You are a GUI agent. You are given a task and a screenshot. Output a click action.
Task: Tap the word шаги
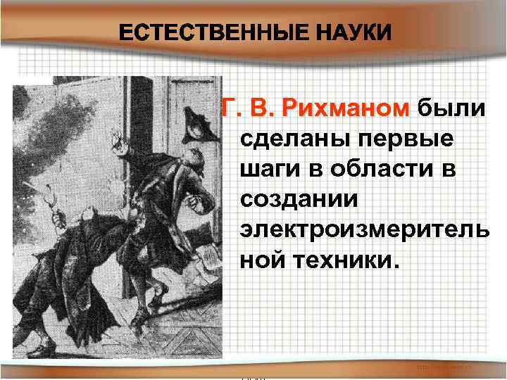(x=268, y=170)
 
